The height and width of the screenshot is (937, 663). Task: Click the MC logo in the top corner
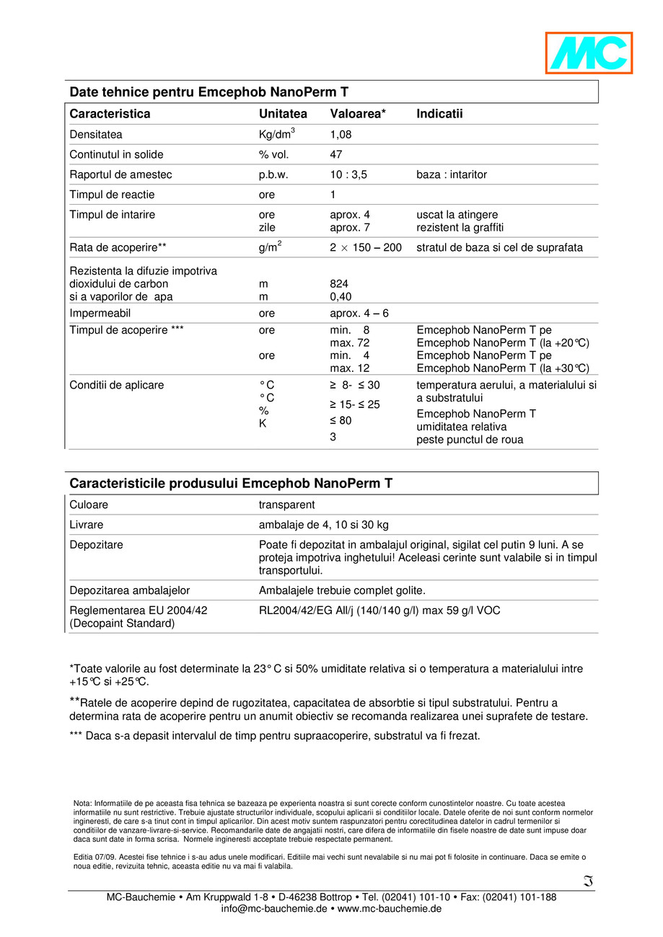(589, 53)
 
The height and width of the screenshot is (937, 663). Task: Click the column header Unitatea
(283, 114)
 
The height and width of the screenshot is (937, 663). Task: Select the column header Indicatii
(439, 114)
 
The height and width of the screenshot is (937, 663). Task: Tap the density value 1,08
(341, 135)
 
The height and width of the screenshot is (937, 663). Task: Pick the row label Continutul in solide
(116, 154)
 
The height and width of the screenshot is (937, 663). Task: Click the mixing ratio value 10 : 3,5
(351, 174)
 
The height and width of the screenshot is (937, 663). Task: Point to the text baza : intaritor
(452, 174)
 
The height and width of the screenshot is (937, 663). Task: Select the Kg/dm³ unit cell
(277, 134)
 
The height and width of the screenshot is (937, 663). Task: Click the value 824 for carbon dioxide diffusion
(338, 284)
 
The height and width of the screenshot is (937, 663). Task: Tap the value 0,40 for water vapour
(341, 296)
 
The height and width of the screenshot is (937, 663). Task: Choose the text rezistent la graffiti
(460, 228)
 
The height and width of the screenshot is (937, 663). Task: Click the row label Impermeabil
(100, 314)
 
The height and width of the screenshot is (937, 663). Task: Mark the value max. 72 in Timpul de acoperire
(350, 343)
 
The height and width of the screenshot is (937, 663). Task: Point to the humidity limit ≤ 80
(341, 420)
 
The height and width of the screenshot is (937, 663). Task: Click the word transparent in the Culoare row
(286, 505)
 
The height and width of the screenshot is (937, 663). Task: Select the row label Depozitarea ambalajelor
(129, 590)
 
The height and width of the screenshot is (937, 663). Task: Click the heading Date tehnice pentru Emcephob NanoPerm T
(208, 92)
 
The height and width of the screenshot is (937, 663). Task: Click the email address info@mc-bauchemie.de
(274, 909)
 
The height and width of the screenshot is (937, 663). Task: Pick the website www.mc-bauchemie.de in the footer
(389, 909)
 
